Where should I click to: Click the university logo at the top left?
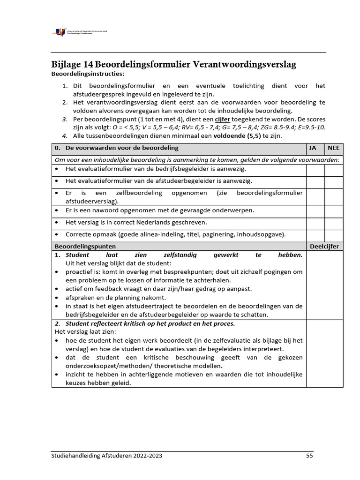click(x=80, y=32)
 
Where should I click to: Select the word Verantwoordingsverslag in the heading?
click(x=244, y=65)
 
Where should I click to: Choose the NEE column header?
click(x=334, y=148)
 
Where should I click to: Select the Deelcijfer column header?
click(x=324, y=246)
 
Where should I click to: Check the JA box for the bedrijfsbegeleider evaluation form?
click(x=315, y=169)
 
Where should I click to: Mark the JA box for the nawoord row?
click(x=315, y=210)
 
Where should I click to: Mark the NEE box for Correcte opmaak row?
click(x=334, y=235)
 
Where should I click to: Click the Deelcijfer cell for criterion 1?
click(x=324, y=285)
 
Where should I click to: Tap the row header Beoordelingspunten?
click(x=85, y=246)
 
